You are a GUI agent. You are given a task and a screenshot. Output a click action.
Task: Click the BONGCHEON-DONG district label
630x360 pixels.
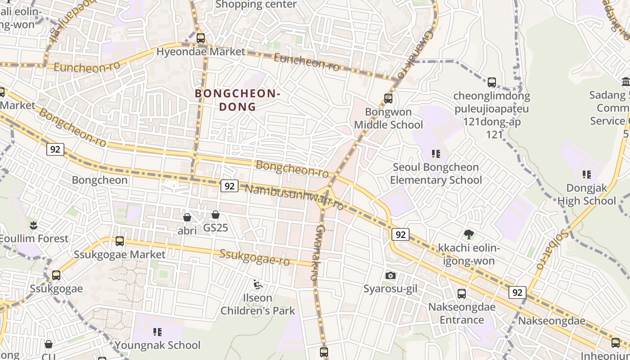(238, 100)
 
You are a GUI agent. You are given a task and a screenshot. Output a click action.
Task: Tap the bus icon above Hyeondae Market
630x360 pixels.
(201, 38)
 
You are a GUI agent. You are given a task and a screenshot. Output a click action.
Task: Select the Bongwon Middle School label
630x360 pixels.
(388, 118)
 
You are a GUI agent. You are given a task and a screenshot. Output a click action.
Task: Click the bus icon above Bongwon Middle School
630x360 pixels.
(388, 99)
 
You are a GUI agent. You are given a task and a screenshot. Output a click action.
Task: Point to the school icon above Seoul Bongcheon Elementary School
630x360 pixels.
(436, 154)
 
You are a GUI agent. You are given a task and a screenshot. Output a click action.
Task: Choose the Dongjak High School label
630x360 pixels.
(586, 194)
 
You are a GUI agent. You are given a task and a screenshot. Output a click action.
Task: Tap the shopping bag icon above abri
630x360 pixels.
(187, 218)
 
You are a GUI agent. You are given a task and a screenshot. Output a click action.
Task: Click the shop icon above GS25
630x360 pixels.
(216, 215)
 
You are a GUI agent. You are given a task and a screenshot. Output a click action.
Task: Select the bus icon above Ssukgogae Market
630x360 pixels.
(120, 241)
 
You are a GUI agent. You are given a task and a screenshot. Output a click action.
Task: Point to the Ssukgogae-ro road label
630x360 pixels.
(255, 257)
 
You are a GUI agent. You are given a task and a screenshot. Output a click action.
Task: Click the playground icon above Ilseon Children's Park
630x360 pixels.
(258, 284)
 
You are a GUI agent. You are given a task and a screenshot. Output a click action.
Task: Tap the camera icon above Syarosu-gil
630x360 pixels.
(391, 275)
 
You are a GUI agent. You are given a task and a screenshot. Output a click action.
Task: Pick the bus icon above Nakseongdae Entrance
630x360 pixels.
(462, 294)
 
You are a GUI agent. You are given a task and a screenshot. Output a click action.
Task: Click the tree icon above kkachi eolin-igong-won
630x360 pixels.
(468, 234)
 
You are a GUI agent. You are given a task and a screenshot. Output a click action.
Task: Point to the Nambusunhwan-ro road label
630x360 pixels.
(294, 197)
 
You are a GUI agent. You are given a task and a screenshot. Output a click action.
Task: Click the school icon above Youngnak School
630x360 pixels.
(157, 332)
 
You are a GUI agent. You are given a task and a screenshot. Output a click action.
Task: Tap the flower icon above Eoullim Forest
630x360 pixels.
(33, 225)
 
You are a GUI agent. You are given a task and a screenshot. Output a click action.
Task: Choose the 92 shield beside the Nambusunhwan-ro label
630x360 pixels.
(229, 185)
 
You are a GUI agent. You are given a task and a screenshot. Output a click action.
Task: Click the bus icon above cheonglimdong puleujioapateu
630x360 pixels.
(492, 82)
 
